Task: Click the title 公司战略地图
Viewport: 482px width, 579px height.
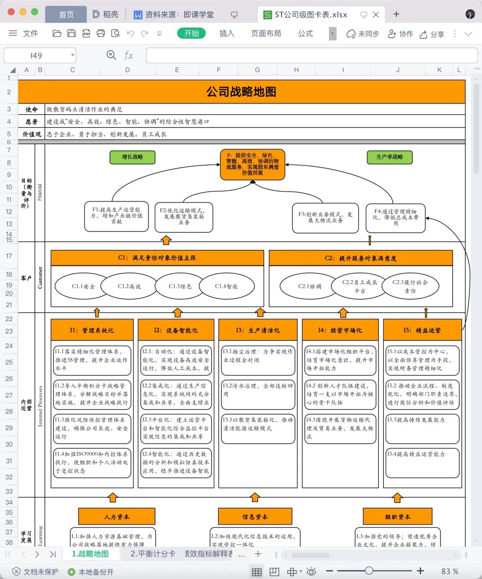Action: point(241,92)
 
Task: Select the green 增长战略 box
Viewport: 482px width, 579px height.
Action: point(133,157)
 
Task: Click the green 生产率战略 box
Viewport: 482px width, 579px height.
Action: point(390,157)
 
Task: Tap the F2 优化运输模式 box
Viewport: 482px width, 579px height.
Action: point(184,217)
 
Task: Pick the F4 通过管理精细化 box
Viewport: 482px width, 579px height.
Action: point(395,218)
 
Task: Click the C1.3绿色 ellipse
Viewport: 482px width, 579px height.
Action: point(180,286)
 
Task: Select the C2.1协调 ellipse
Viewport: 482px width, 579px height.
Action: point(310,286)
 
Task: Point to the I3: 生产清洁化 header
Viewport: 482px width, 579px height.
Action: point(258,331)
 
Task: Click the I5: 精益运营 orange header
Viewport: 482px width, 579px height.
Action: point(422,331)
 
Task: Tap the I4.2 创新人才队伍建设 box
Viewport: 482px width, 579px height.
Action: point(340,394)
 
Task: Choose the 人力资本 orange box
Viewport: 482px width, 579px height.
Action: point(117,517)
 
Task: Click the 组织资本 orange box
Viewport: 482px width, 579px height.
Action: point(398,517)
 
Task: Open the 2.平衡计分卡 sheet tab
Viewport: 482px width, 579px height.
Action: point(153,554)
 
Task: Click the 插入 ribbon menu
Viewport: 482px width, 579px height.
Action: point(227,33)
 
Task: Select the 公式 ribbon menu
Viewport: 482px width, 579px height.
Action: point(305,33)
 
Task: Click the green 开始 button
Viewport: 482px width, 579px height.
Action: point(191,33)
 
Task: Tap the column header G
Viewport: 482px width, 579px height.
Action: point(258,70)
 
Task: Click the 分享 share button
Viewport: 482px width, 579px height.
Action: point(432,34)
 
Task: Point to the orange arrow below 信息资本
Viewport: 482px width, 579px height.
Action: point(255,497)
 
